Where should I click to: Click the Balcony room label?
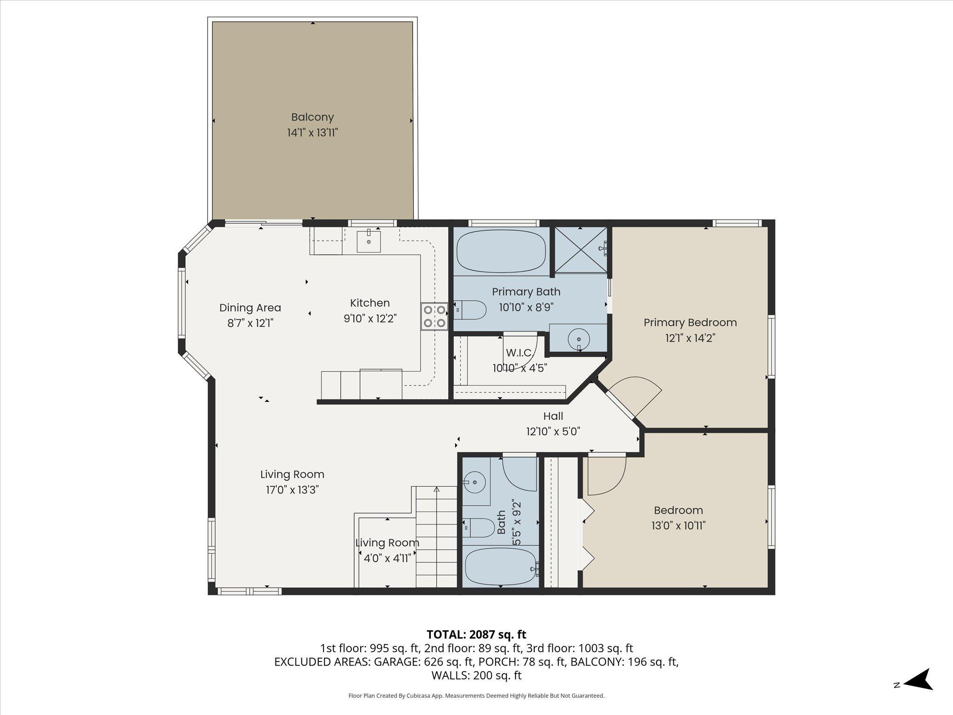(312, 117)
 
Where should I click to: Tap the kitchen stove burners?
(434, 316)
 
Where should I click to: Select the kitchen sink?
(368, 241)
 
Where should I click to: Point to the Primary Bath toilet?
(470, 310)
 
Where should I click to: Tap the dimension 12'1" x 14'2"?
(690, 338)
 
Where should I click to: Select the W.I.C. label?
(519, 352)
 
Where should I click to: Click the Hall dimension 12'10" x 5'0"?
(553, 432)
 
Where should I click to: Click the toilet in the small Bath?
(479, 527)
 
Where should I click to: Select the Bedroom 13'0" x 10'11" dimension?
(678, 526)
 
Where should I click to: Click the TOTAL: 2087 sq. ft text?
(476, 634)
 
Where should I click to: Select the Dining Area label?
(250, 308)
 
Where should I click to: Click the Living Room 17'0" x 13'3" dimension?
(292, 490)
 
